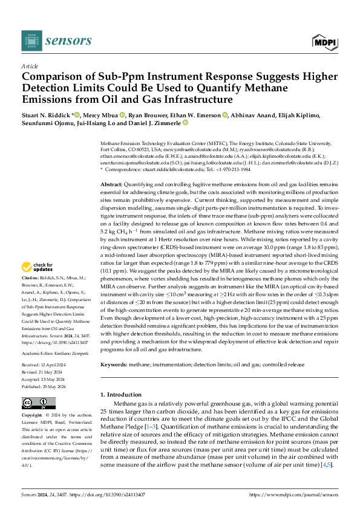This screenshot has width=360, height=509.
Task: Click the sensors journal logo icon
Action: tap(31, 41)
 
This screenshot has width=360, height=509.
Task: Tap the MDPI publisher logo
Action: tap(324, 41)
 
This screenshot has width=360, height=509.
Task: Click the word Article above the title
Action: tap(29, 66)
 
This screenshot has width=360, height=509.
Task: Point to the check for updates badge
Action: tap(38, 267)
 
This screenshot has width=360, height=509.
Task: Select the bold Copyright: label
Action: tap(33, 416)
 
